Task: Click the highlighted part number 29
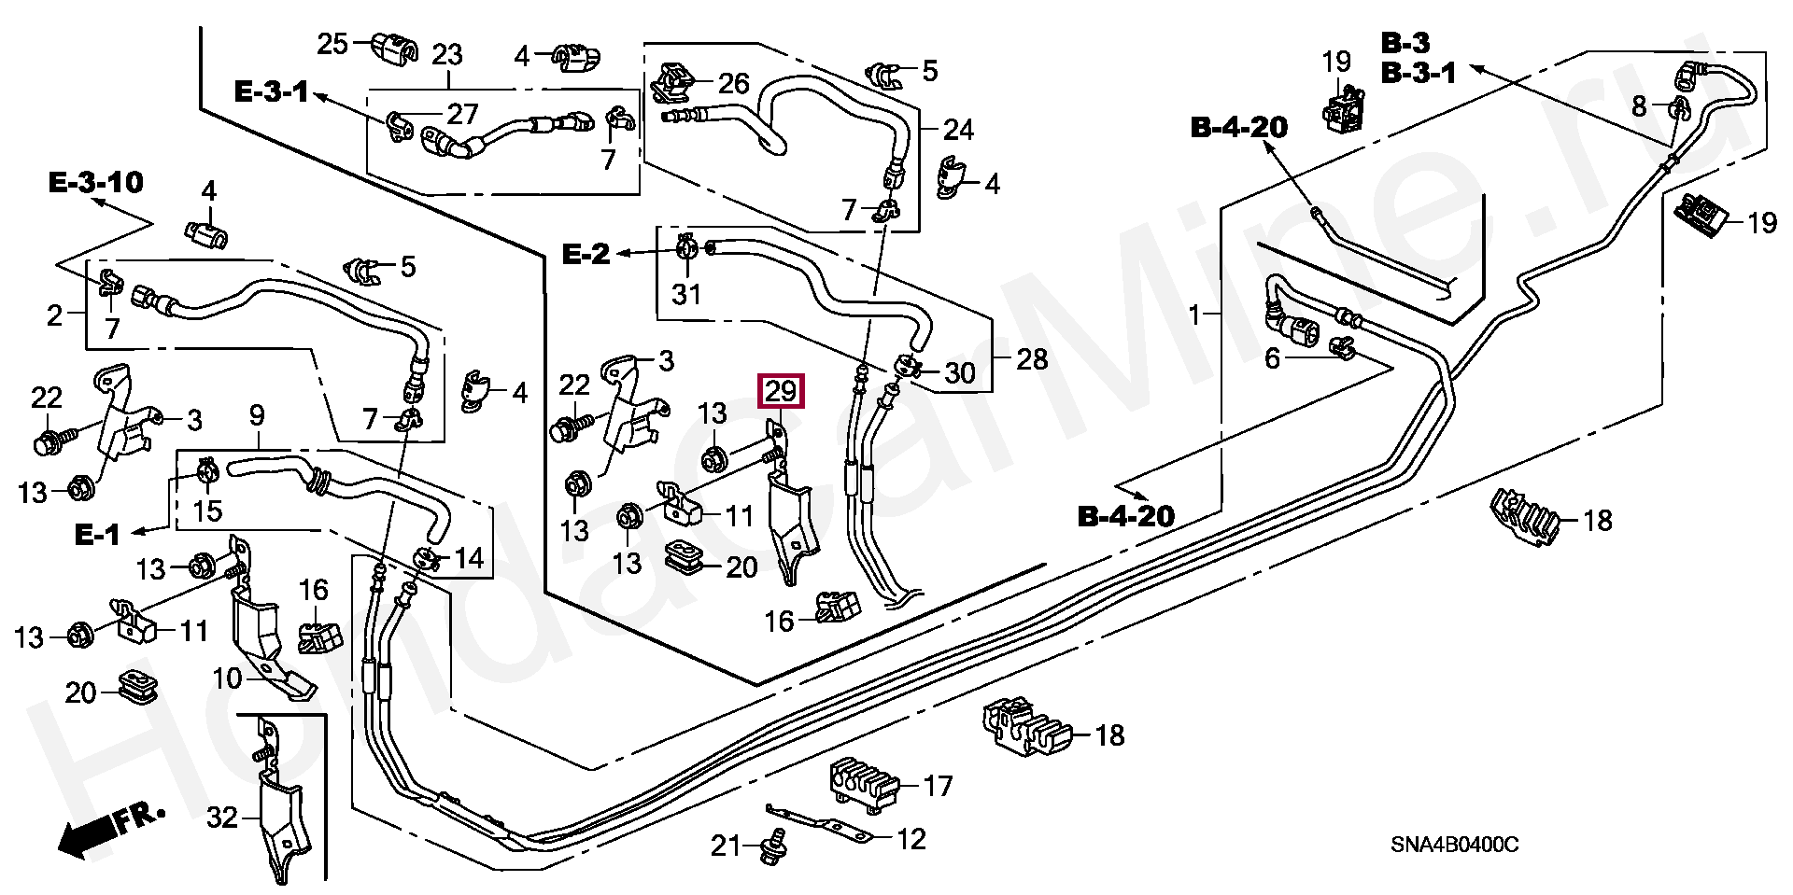pos(781,392)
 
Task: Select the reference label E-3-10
pos(96,182)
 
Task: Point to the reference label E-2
pos(586,253)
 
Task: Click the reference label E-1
pos(97,535)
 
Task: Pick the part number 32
pos(222,818)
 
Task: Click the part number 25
pos(332,44)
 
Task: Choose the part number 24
pos(958,130)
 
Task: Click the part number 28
pos(1031,359)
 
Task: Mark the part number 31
pos(686,294)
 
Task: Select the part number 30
pos(959,374)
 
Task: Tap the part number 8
pos(1640,106)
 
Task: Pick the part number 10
pos(228,678)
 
